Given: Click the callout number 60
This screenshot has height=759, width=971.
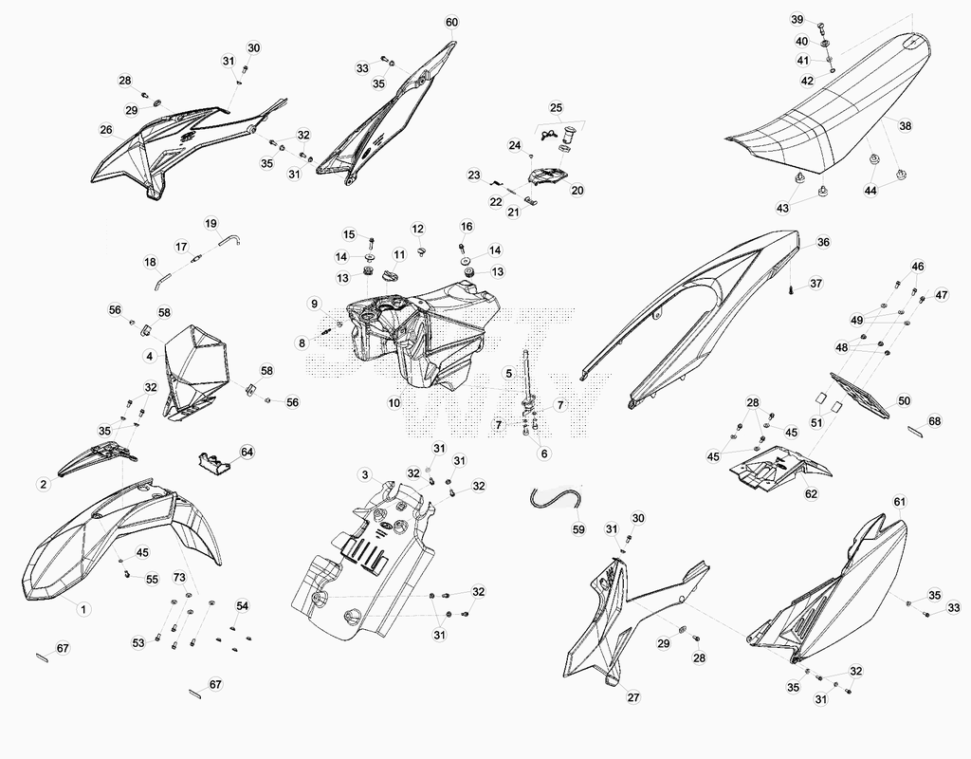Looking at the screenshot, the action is coord(452,23).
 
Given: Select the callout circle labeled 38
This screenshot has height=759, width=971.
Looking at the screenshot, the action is coord(906,126).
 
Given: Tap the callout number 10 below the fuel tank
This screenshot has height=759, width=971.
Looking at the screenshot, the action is coord(394,402).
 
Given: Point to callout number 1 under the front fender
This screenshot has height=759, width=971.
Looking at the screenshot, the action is coord(83,609).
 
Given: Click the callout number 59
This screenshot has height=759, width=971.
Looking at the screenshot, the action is coord(577,529).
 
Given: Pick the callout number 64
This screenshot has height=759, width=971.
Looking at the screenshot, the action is coord(247,453).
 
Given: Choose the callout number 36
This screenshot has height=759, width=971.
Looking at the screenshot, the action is coord(823,242).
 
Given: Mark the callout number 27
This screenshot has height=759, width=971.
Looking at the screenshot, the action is coord(633,697).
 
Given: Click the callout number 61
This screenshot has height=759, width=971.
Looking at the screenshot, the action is coord(900,501).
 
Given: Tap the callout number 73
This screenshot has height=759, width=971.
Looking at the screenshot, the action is coord(179,578).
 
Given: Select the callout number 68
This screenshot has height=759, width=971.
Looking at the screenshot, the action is coord(934,421).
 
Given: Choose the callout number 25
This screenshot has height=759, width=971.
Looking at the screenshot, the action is coord(556,108).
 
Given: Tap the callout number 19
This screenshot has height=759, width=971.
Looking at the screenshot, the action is coord(211,224).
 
